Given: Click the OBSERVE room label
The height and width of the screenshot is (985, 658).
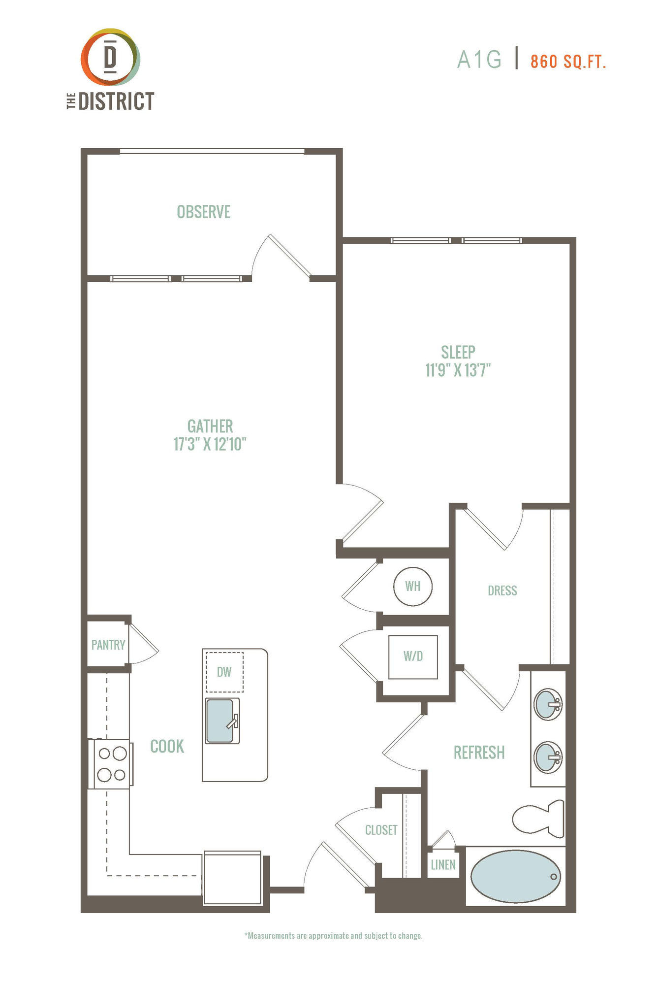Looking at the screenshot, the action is pyautogui.click(x=204, y=212).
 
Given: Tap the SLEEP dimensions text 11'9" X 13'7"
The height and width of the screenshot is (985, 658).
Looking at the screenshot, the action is pyautogui.click(x=458, y=370).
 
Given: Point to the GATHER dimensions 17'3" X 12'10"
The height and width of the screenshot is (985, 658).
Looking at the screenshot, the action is pyautogui.click(x=210, y=444).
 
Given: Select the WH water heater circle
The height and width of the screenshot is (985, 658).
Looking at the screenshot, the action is pyautogui.click(x=413, y=586).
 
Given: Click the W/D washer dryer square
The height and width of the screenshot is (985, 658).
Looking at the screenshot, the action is pyautogui.click(x=413, y=657).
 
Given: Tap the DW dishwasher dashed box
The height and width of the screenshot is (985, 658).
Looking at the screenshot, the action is pyautogui.click(x=224, y=672).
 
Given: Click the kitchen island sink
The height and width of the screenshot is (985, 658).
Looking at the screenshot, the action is pyautogui.click(x=222, y=721).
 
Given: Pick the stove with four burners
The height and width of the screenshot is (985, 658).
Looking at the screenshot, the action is pyautogui.click(x=110, y=763).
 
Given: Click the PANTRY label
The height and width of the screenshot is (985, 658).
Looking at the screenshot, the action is pyautogui.click(x=108, y=645).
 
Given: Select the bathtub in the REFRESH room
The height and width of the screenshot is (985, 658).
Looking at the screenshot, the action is pyautogui.click(x=515, y=876).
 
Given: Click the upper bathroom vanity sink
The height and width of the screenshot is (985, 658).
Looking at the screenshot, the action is pyautogui.click(x=548, y=705).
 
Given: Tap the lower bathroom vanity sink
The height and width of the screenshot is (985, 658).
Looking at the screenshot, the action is pyautogui.click(x=548, y=757).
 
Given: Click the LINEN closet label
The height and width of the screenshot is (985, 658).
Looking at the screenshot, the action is pyautogui.click(x=443, y=865).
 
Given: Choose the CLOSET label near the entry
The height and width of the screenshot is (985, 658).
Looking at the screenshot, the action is pyautogui.click(x=381, y=830).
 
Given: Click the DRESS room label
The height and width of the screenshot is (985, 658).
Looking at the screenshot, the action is pyautogui.click(x=502, y=591).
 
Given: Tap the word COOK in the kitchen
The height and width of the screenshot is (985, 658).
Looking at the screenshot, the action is pyautogui.click(x=167, y=746).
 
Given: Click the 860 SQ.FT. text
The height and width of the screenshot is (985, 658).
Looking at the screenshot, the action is pyautogui.click(x=568, y=62).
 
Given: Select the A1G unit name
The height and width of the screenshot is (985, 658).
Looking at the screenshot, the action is pyautogui.click(x=479, y=60).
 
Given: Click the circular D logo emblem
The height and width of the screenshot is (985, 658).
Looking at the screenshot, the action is pyautogui.click(x=111, y=57).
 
